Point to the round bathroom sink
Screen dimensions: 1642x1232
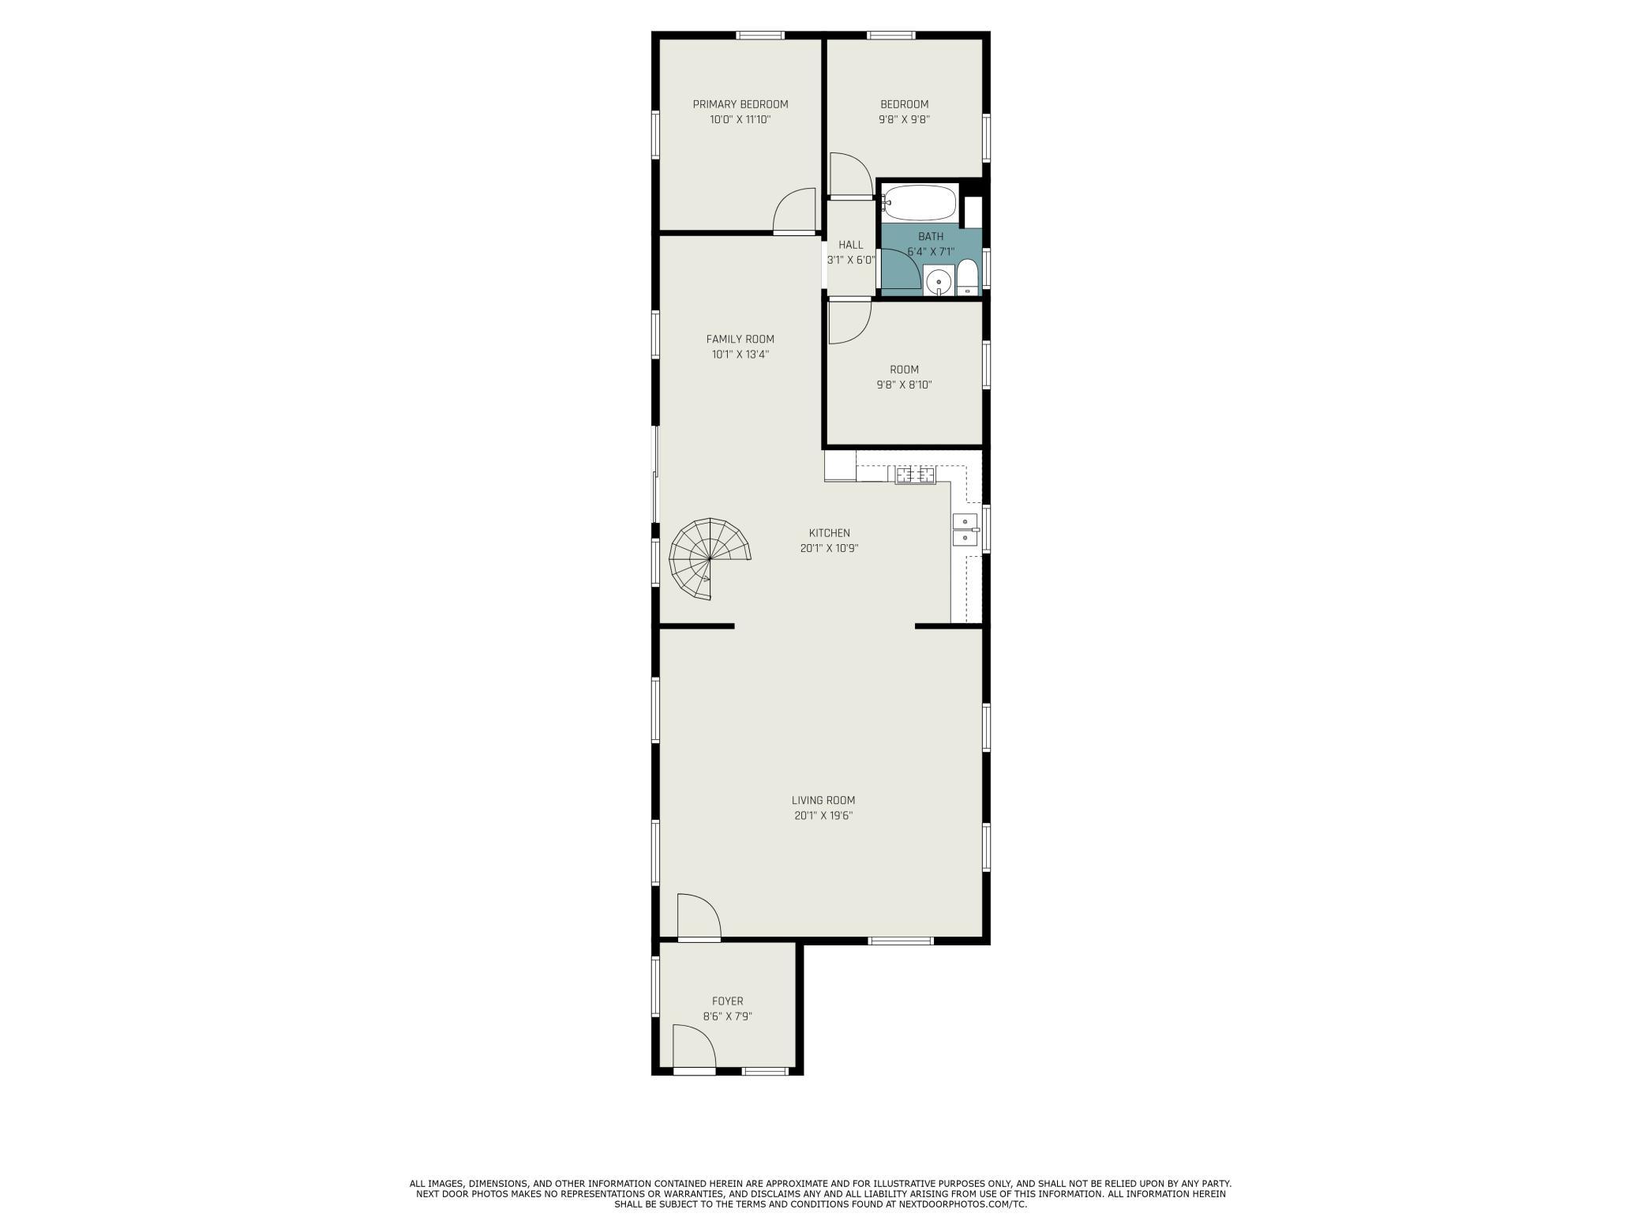coord(939,281)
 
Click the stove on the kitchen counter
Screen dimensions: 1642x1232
coord(915,475)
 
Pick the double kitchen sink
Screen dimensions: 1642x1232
coord(965,530)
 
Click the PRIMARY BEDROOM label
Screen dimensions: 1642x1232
coord(740,104)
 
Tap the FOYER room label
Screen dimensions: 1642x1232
coord(727,1001)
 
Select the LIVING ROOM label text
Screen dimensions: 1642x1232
coord(823,800)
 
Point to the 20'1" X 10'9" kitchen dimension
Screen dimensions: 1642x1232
coord(829,548)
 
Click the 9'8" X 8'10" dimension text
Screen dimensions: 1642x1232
coord(904,385)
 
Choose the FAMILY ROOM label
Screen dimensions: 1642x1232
coord(740,340)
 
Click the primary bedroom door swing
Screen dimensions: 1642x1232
coord(794,211)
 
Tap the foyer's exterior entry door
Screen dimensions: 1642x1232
coord(694,1048)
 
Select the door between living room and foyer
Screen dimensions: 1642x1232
coord(699,917)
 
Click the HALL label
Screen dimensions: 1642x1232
coord(851,245)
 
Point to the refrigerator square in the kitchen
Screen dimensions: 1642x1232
coord(840,466)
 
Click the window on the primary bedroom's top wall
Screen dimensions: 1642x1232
coord(760,35)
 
